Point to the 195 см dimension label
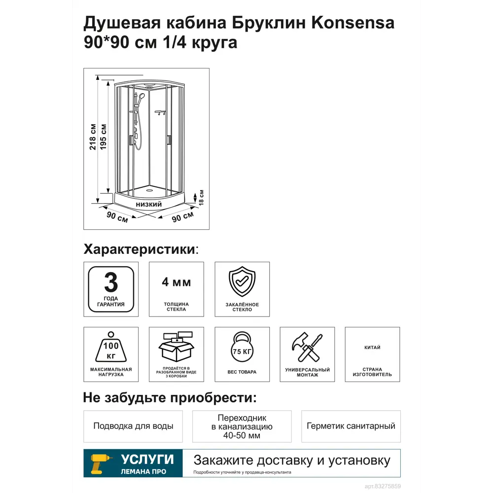tap(104, 136)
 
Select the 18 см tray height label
tap(201, 197)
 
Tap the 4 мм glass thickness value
tap(176, 282)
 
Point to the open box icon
tap(176, 347)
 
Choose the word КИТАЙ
tap(372, 348)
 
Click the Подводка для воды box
tap(133, 426)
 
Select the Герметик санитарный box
tap(351, 426)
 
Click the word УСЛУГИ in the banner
tap(147, 459)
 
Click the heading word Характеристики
tap(140, 249)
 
